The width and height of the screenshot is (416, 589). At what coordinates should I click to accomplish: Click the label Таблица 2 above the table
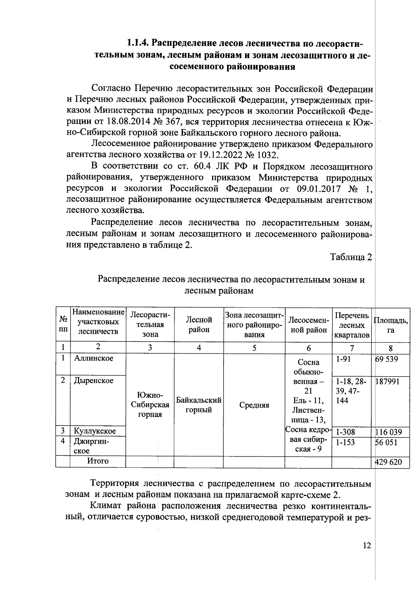point(351,257)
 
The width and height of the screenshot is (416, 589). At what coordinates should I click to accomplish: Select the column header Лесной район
point(199,325)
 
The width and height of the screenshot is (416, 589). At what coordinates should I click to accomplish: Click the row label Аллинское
point(94,358)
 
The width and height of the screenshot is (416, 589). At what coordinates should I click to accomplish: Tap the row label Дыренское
point(94,380)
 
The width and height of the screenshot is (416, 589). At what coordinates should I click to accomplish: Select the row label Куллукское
point(95,431)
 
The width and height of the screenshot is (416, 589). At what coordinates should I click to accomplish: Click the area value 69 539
point(387,359)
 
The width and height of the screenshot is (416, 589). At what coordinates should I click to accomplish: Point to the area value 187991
point(387,381)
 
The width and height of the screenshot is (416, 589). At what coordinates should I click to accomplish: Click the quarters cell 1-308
point(345,432)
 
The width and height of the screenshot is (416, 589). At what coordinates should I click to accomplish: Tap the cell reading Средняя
point(254,405)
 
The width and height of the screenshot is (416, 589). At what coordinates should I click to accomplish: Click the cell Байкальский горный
point(199,405)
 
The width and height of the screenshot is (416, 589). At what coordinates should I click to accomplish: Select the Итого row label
point(97,461)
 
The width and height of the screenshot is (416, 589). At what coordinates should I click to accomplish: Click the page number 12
point(367,546)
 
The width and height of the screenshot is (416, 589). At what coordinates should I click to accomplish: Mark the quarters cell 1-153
point(345,443)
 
